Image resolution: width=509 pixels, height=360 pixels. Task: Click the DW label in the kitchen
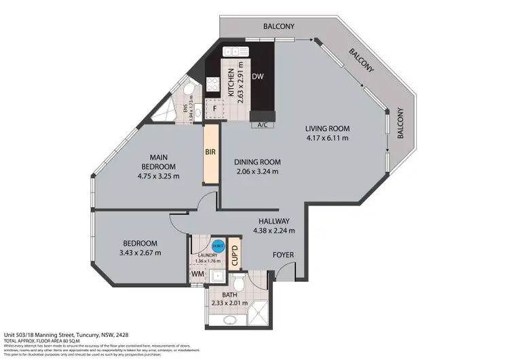coord(258,77)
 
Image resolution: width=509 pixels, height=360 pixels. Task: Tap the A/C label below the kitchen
coord(261,125)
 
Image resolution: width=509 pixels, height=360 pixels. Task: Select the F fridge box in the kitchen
coord(214,108)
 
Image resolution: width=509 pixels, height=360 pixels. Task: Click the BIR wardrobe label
coord(210,154)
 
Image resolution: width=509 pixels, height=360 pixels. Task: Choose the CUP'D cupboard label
coord(234,252)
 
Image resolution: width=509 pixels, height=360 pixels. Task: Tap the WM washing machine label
coord(197,274)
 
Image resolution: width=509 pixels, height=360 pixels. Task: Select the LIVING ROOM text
coord(327,128)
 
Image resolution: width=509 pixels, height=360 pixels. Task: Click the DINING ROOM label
coord(257,162)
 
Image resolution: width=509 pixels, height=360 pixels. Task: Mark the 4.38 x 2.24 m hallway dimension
coord(274,230)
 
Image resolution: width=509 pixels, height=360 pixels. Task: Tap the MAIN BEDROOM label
coord(158,162)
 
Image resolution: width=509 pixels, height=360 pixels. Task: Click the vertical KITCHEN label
coord(231,82)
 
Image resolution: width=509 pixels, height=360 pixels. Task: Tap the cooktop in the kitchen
coord(212,86)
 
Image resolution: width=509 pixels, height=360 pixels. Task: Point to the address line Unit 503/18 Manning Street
coord(76,336)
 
